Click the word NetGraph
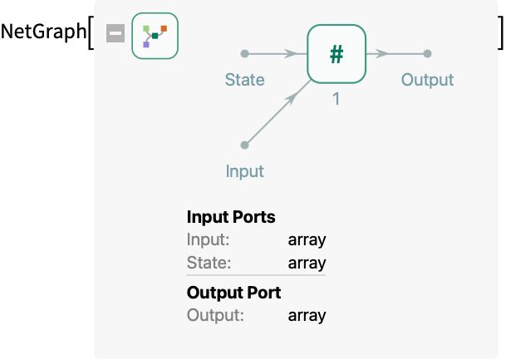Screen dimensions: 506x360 coord(43,32)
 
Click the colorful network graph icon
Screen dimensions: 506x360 coord(155,36)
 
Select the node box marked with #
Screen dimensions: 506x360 coord(337,54)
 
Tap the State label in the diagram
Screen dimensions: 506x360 coord(244,80)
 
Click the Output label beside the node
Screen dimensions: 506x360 coord(427,80)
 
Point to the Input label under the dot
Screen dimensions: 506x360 coord(244,171)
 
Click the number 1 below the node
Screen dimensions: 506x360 coord(337,99)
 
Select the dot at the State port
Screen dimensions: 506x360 coord(244,53)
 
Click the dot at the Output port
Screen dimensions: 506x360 coord(427,53)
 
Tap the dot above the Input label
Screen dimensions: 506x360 coord(244,145)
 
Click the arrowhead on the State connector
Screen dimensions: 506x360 coord(291,53)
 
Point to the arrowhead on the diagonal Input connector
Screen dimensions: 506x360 coord(291,99)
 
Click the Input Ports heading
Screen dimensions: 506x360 coord(231,217)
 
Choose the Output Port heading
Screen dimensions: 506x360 coord(233,293)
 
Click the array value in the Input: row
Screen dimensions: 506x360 coord(307,240)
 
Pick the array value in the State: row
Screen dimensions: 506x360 coord(307,263)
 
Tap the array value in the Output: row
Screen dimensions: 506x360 coord(307,315)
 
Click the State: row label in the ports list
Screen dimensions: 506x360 coord(209,263)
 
